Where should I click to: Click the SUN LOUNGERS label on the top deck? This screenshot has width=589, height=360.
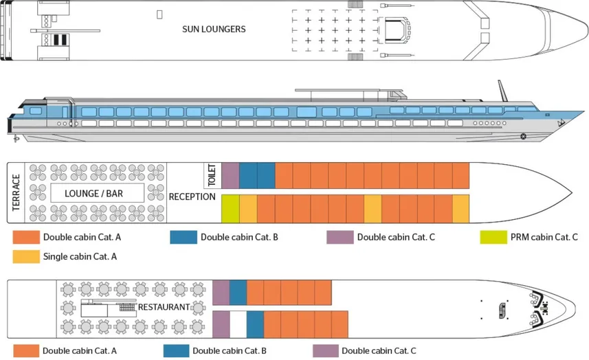(x=214, y=29)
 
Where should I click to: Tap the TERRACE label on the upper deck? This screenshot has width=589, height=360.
(x=16, y=193)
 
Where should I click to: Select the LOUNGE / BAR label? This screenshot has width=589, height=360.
(x=94, y=194)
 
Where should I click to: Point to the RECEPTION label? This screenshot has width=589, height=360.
(x=192, y=197)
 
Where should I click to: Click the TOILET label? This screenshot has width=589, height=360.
(x=212, y=175)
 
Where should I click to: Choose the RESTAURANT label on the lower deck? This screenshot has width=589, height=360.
(x=164, y=307)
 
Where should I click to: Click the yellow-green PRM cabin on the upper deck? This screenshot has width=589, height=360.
(x=230, y=209)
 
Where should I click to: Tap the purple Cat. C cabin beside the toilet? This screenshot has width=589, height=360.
(x=230, y=175)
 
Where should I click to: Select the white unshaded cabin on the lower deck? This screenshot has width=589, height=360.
(x=238, y=324)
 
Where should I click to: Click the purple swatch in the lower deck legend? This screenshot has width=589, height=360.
(x=326, y=351)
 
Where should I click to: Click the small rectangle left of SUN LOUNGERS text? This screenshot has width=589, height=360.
(x=159, y=14)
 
